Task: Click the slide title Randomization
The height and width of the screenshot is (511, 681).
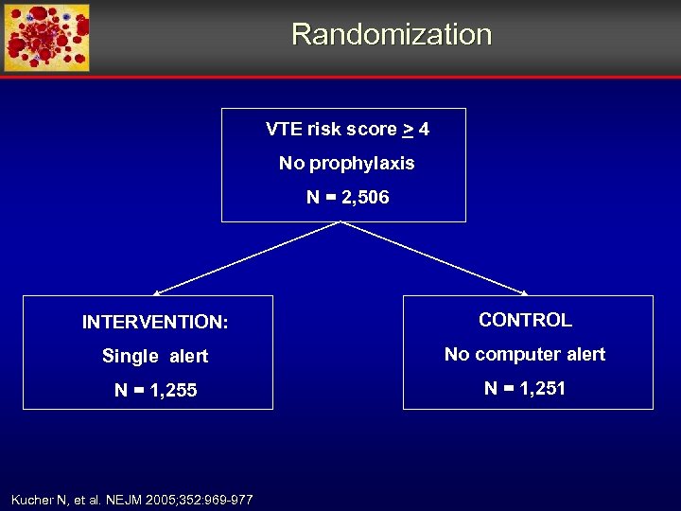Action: point(392,34)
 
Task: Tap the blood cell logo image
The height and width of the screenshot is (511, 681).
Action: point(46,38)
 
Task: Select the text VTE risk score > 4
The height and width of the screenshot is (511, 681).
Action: point(347,129)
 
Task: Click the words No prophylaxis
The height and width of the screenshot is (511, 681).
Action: point(346,163)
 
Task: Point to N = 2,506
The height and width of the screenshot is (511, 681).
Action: point(347,197)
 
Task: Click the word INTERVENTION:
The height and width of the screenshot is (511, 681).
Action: point(155,322)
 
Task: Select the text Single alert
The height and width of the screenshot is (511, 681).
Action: point(155,356)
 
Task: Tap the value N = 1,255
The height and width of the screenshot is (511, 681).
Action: point(155,390)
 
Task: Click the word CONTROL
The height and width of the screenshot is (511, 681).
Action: point(525,320)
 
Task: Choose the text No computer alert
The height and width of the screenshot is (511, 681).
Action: point(525,354)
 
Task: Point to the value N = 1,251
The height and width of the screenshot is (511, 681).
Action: point(525,388)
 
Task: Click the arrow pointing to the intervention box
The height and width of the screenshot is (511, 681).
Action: point(246,258)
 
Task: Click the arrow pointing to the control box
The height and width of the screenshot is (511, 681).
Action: point(435,258)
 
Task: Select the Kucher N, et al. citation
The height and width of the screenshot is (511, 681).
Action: point(131,499)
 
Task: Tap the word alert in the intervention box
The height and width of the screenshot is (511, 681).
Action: point(189,356)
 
